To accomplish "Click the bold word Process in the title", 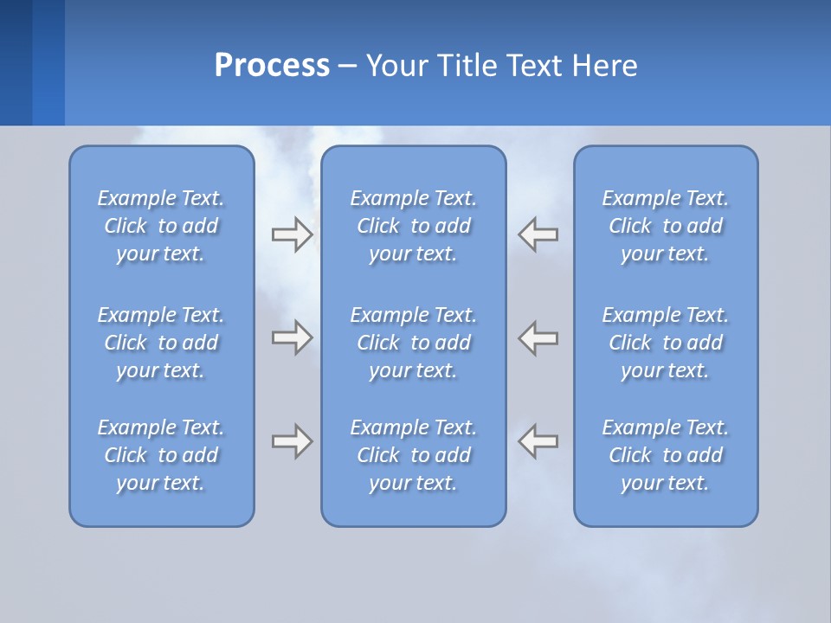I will click(272, 66).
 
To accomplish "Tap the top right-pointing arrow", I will click(292, 234).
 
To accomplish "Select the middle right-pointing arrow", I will click(292, 337).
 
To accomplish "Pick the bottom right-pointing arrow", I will click(292, 441).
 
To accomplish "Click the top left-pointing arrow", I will click(538, 234).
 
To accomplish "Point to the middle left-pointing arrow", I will click(538, 337).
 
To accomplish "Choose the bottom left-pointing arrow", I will click(538, 441).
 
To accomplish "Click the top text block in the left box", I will click(161, 226).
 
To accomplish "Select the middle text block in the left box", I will click(161, 343).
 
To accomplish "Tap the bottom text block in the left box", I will click(161, 455).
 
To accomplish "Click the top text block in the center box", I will click(413, 226).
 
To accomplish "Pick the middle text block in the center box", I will click(413, 343).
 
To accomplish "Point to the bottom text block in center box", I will click(413, 455).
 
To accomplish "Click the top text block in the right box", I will click(665, 226).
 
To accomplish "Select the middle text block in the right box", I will click(665, 343).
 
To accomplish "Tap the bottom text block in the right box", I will click(665, 455).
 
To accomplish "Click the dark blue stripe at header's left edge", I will click(16, 62).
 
